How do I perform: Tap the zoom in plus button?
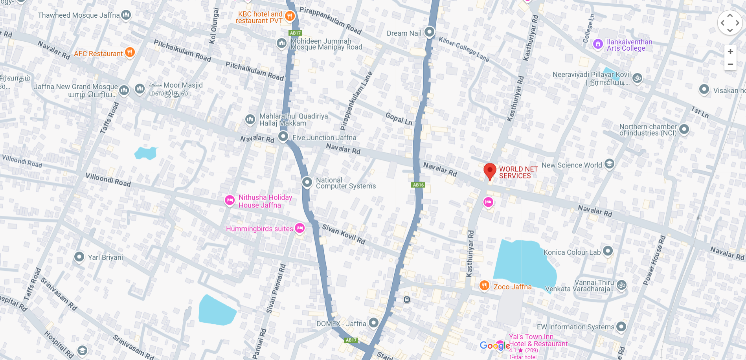pos(730,51)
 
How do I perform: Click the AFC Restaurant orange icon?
pos(130,52)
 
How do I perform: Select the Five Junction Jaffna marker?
pos(283,137)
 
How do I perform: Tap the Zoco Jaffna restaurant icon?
pos(484,285)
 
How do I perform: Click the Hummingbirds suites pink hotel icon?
pos(300,228)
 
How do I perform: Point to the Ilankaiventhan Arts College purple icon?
pos(598,44)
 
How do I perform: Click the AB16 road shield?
pos(418,185)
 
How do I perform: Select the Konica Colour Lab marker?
pos(608,251)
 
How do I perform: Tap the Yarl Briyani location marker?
pos(79,257)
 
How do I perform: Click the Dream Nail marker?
pos(430,32)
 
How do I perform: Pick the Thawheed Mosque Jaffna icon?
pos(126,15)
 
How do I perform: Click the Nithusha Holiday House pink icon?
pos(230,200)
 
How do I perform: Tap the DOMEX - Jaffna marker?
pos(373,323)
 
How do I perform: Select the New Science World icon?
pos(609,163)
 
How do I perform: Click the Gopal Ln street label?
pos(399,119)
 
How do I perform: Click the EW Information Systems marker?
pos(621,326)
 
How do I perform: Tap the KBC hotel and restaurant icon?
pos(290,16)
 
